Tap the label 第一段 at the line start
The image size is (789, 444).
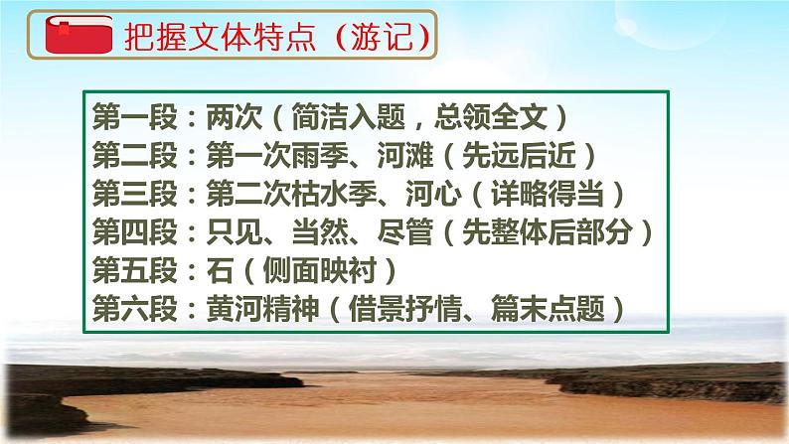coord(124,118)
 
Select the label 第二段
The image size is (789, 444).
coord(124,155)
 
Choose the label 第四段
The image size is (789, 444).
coord(124,231)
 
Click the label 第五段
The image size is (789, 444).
coord(124,270)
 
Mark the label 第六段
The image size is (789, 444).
coord(124,308)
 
